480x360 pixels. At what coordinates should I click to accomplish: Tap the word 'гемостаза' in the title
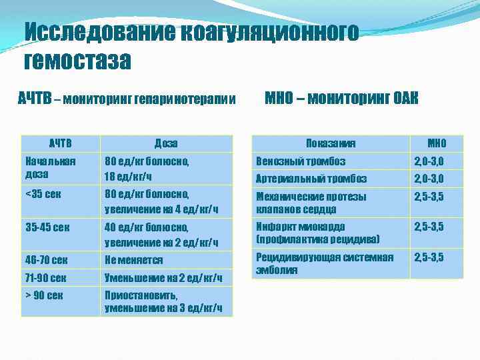pyautogui.click(x=77, y=61)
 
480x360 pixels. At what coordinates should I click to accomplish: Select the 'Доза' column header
pyautogui.click(x=166, y=143)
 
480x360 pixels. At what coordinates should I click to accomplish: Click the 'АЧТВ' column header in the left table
pyautogui.click(x=60, y=143)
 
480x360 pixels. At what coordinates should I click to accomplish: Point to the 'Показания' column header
pyautogui.click(x=330, y=143)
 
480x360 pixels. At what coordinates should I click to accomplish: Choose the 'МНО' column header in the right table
pyautogui.click(x=437, y=143)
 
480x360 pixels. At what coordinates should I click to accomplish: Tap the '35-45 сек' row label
pyautogui.click(x=47, y=227)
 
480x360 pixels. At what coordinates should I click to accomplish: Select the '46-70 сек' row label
pyautogui.click(x=46, y=259)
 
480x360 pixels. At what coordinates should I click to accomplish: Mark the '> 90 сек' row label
pyautogui.click(x=44, y=294)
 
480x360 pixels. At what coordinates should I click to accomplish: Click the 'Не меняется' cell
pyautogui.click(x=134, y=259)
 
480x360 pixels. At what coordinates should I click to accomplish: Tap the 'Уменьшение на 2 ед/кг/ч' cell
pyautogui.click(x=163, y=277)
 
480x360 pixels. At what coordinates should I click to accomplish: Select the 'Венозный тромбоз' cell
pyautogui.click(x=301, y=161)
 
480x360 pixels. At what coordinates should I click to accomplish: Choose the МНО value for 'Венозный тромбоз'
pyautogui.click(x=429, y=161)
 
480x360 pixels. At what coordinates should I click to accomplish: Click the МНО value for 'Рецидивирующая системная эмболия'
pyautogui.click(x=429, y=257)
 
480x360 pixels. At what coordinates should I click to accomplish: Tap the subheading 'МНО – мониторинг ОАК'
pyautogui.click(x=342, y=98)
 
